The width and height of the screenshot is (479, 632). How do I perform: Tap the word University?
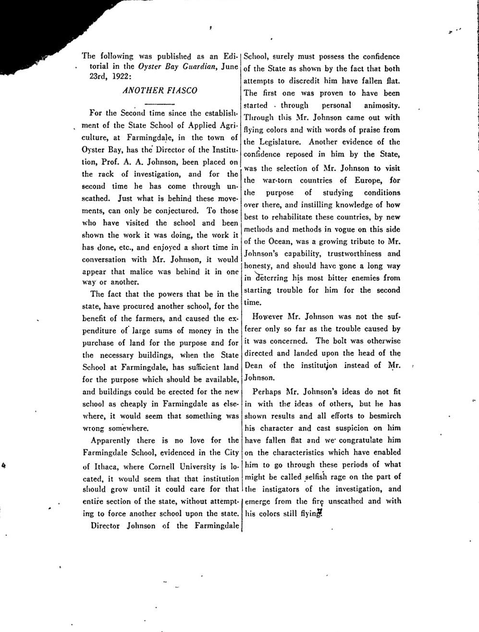pyautogui.click(x=197, y=466)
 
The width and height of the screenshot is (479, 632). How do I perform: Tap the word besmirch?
pyautogui.click(x=384, y=416)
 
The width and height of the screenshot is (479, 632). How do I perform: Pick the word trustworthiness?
pyautogui.click(x=355, y=254)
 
